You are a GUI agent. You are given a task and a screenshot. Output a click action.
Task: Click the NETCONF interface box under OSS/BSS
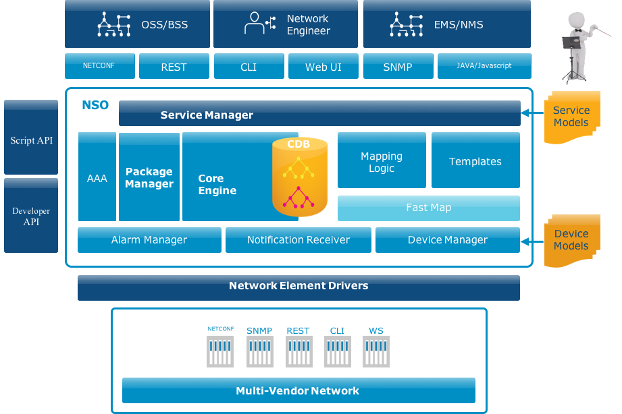coord(99,66)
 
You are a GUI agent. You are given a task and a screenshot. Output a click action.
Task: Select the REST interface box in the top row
coord(174,67)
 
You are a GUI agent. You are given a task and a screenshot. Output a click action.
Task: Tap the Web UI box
coord(323,67)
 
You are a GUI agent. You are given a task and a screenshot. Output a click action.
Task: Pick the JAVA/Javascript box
coord(484,66)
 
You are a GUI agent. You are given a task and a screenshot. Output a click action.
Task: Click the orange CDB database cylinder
coord(300,179)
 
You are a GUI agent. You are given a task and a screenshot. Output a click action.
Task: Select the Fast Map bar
coord(428,208)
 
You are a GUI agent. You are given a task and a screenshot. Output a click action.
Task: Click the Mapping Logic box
coord(381,161)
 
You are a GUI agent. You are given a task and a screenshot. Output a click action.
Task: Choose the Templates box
coord(475,161)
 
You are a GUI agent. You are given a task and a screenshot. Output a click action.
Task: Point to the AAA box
coord(97,179)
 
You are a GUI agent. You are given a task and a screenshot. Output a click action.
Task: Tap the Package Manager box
coord(149,178)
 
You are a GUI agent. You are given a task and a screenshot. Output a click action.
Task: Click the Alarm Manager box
coord(149,239)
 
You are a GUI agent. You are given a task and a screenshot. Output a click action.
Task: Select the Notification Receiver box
coord(298,239)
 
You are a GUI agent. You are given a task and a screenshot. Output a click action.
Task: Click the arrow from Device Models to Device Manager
coord(532,239)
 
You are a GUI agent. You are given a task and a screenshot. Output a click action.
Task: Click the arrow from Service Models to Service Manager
coord(532,113)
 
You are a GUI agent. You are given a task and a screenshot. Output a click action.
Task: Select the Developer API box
coord(31,216)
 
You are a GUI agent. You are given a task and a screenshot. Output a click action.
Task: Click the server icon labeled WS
coord(375,351)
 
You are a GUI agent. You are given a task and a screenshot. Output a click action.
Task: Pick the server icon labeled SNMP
coord(259,351)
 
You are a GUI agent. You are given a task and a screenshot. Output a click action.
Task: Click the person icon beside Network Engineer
coord(255,24)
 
